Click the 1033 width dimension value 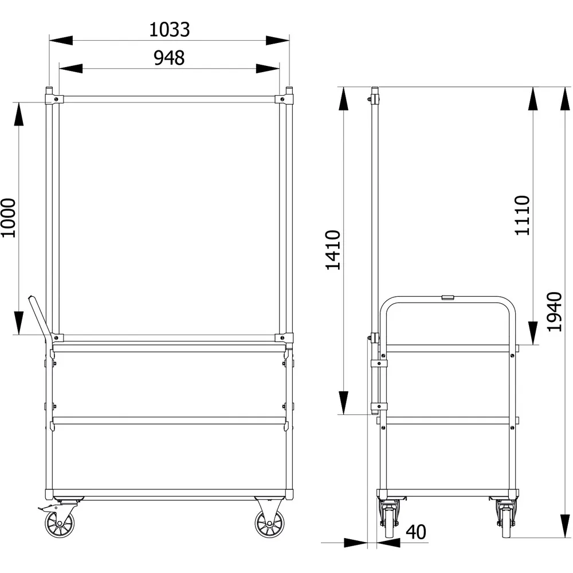coord(169,29)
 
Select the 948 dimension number coord(169,58)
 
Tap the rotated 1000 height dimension coord(8,218)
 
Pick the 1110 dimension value coord(522,215)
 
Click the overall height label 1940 coord(554,312)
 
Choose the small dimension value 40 coord(416,532)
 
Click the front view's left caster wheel coord(60,523)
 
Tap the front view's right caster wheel coord(268,523)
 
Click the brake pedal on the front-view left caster coord(44,508)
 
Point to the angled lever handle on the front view coord(38,315)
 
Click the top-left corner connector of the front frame coord(53,99)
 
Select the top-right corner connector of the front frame coord(284,99)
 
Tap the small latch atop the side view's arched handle coord(448,297)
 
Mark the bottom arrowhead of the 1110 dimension coord(533,333)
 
